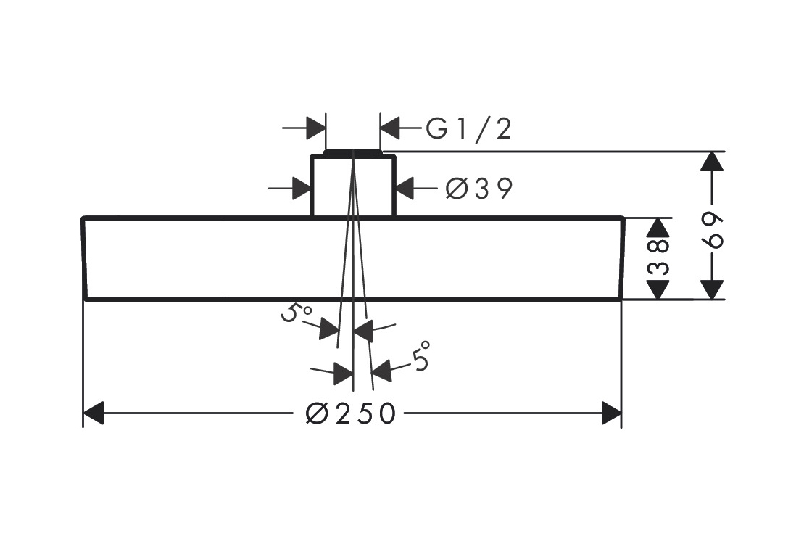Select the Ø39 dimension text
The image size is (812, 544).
(x=479, y=189)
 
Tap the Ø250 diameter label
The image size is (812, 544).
(x=351, y=414)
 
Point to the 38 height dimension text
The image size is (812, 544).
(x=658, y=258)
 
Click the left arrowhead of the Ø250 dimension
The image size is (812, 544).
(x=94, y=414)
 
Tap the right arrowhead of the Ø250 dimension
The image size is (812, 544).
(x=612, y=414)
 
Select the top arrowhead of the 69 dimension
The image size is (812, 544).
(x=713, y=161)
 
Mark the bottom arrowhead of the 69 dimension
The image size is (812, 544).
(x=713, y=289)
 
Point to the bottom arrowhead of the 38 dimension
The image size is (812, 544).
(x=658, y=289)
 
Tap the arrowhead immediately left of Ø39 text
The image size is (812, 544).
(x=405, y=189)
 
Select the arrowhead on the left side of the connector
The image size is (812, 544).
(x=302, y=189)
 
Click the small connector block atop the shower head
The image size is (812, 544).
(x=353, y=186)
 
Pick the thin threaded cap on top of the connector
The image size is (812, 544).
(x=353, y=152)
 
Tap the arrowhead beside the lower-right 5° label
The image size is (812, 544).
(x=381, y=371)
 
